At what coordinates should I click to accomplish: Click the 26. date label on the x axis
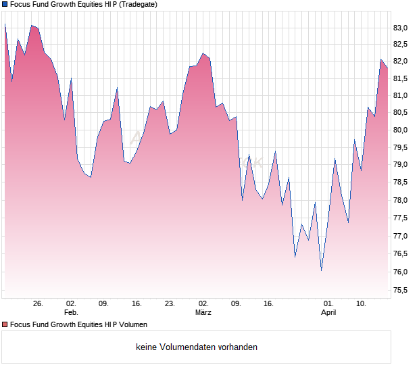38,303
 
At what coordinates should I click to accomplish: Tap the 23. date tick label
170,303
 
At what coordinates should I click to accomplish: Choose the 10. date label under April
362,303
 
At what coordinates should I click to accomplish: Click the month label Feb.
71,312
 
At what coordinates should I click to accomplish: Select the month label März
203,312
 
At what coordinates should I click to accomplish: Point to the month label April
328,312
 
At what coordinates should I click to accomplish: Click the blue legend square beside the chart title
5,4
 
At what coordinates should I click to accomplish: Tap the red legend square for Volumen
5,324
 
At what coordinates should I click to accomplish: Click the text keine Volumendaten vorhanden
197,347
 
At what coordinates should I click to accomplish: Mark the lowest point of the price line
322,270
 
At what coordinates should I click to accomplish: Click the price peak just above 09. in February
117,88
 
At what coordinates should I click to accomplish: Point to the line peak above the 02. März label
203,53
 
